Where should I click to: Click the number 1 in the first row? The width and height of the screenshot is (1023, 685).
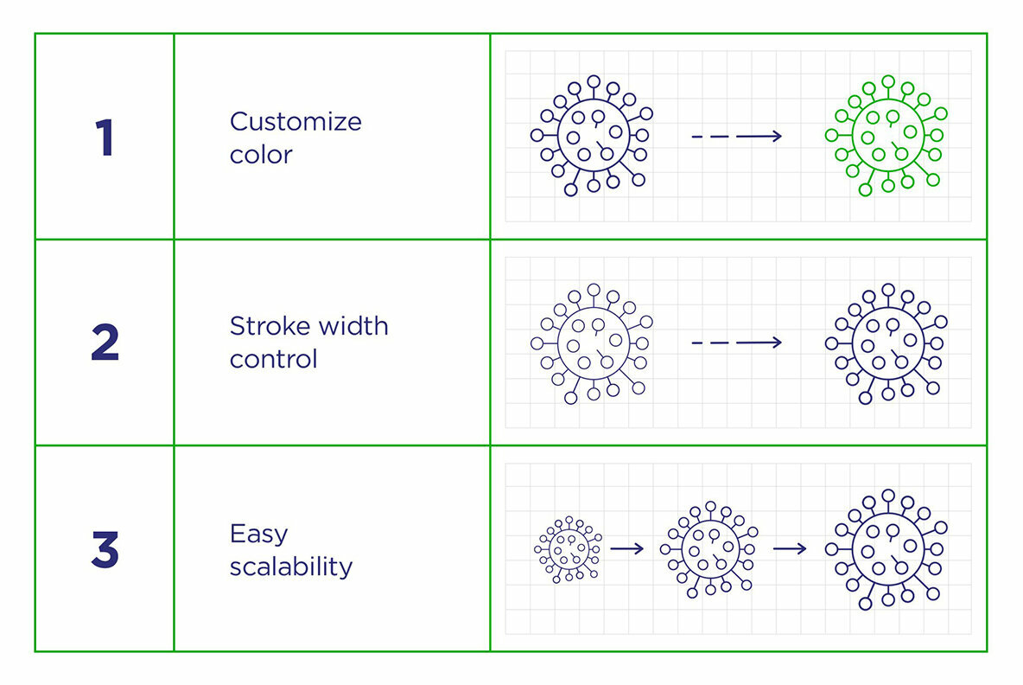[x=105, y=138]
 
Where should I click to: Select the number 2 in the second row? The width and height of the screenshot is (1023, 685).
[x=105, y=343]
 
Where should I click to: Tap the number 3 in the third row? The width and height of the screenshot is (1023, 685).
[x=105, y=549]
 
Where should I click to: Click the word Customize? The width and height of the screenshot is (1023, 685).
[x=295, y=122]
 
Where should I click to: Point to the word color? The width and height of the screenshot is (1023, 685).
[x=261, y=155]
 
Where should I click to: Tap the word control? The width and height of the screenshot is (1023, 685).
[x=273, y=359]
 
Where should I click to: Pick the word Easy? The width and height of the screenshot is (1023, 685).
[x=258, y=535]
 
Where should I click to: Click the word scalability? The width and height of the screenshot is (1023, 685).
[x=291, y=567]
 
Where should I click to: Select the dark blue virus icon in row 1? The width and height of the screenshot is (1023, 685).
[x=593, y=135]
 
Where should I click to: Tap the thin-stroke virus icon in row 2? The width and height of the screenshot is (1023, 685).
[x=593, y=342]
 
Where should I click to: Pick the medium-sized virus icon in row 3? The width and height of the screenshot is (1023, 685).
[x=710, y=548]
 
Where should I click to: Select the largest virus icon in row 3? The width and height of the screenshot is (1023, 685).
[x=887, y=548]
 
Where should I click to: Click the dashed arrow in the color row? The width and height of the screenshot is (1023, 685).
[x=736, y=136]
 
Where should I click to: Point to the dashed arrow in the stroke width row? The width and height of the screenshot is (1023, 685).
[x=736, y=342]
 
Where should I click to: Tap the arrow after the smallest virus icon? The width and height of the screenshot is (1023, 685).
[x=627, y=548]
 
